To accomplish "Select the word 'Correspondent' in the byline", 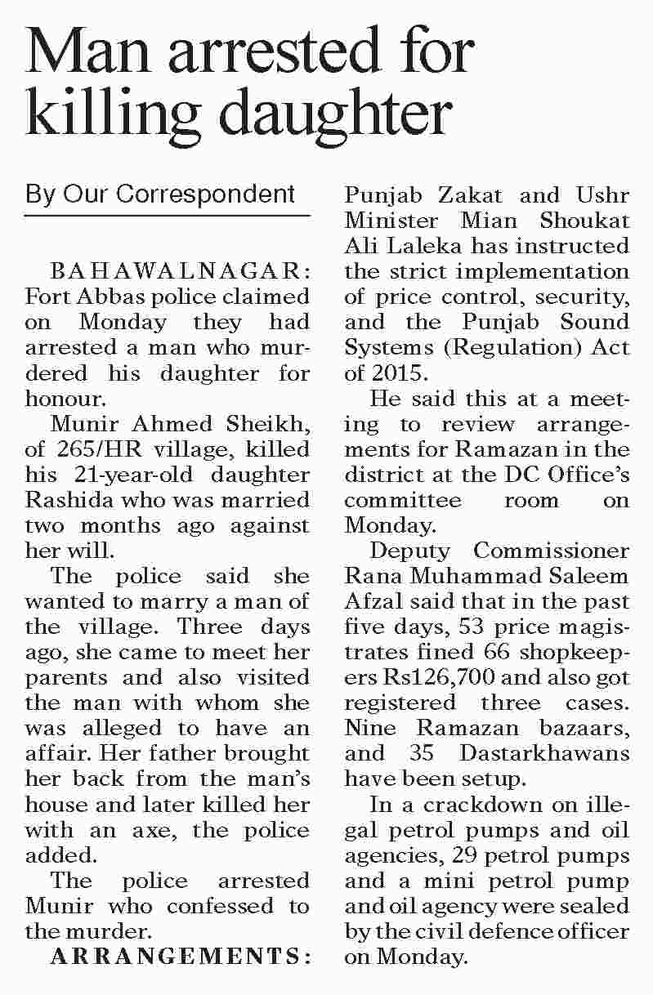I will pos(205,195).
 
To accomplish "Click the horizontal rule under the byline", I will pos(168,216).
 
